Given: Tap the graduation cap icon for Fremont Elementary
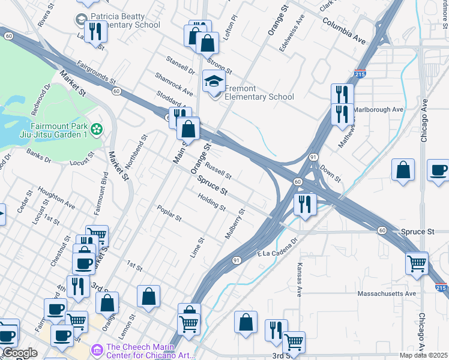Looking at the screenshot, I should tap(213, 81).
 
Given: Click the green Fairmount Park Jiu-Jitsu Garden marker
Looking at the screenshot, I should tap(96, 128).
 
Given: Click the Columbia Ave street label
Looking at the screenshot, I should tap(343, 31).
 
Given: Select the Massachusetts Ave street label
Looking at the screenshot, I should tap(387, 293).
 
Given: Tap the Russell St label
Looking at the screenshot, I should tap(218, 170).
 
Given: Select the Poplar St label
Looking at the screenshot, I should tap(169, 214).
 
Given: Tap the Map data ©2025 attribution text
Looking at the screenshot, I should tap(424, 355).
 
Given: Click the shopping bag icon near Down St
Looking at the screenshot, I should tap(404, 170).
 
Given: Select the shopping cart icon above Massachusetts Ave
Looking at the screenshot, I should tap(417, 263).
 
